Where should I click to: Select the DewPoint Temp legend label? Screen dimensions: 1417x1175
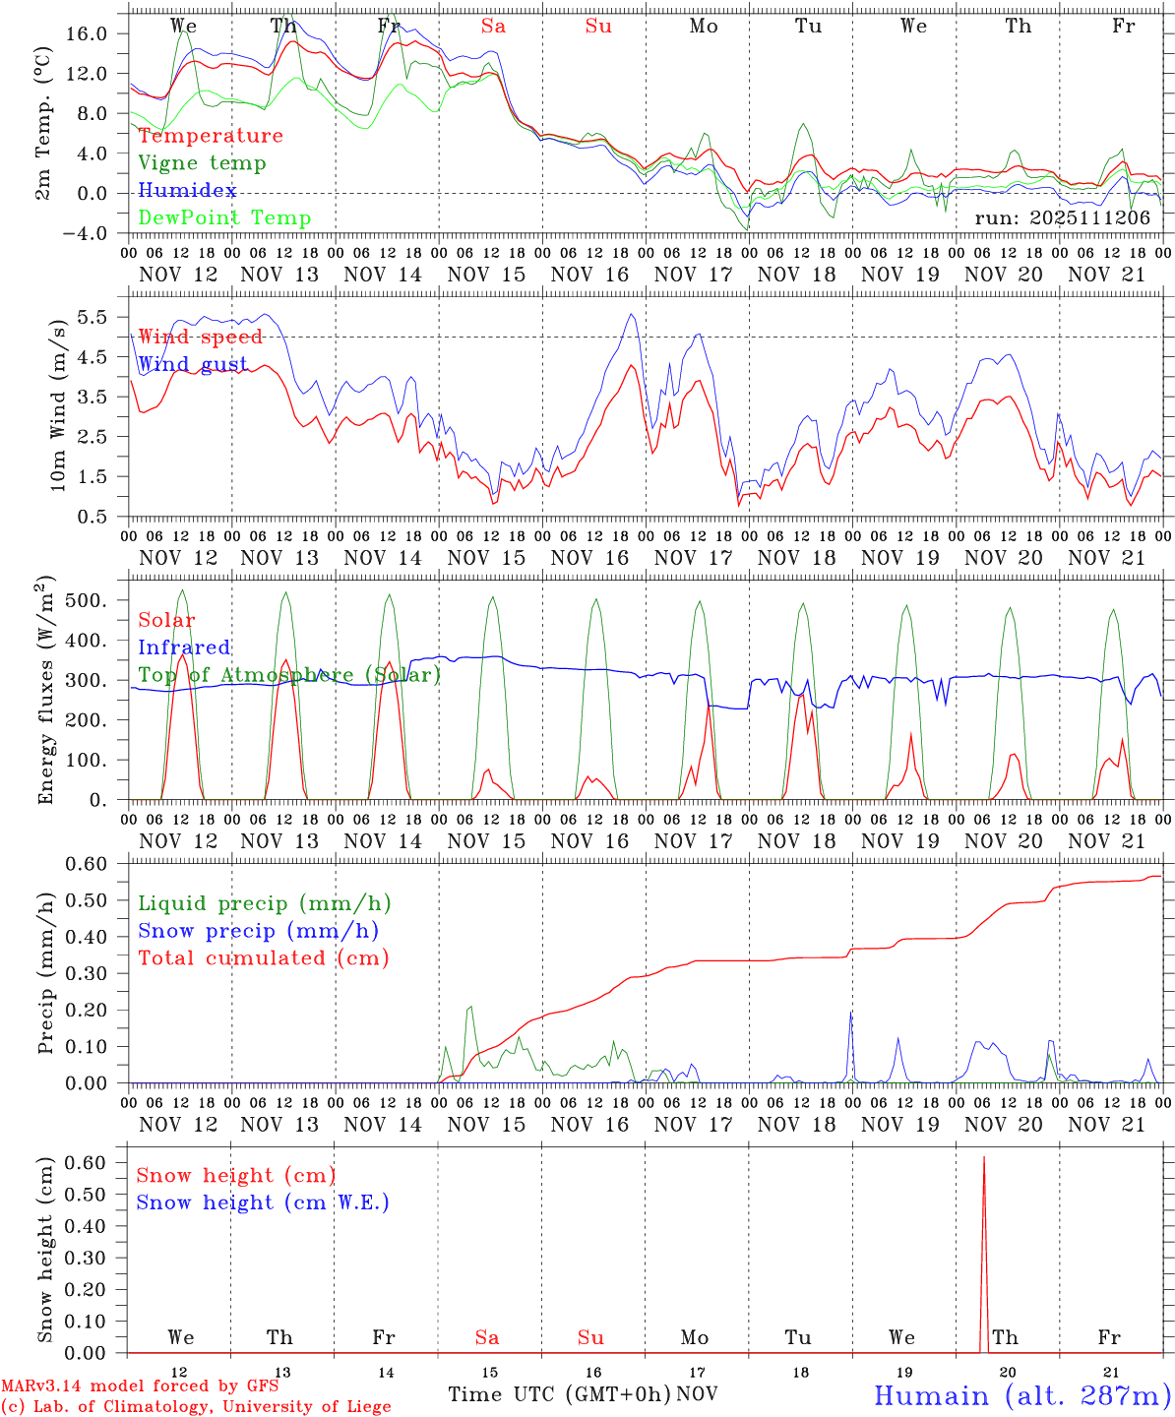(x=224, y=218)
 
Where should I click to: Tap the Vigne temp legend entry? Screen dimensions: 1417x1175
(x=202, y=163)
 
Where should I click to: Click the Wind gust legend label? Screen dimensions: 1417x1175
(x=193, y=364)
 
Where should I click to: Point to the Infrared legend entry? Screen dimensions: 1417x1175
(x=184, y=647)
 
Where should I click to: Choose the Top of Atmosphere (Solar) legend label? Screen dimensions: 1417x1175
(x=289, y=675)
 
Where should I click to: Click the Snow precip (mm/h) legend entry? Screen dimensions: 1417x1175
(x=258, y=931)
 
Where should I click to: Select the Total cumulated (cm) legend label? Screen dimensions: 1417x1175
(x=264, y=958)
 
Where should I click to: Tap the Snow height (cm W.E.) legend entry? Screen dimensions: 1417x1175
(x=263, y=1202)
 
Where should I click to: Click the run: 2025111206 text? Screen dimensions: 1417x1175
(x=1063, y=218)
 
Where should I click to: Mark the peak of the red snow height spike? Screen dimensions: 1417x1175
(x=984, y=1157)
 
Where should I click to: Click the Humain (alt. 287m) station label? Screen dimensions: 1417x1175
(x=1022, y=1396)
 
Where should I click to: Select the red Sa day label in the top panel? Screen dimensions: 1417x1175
(x=494, y=27)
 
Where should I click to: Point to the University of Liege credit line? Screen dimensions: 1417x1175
(x=196, y=1407)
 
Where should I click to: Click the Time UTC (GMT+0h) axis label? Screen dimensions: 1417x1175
(x=559, y=1394)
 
